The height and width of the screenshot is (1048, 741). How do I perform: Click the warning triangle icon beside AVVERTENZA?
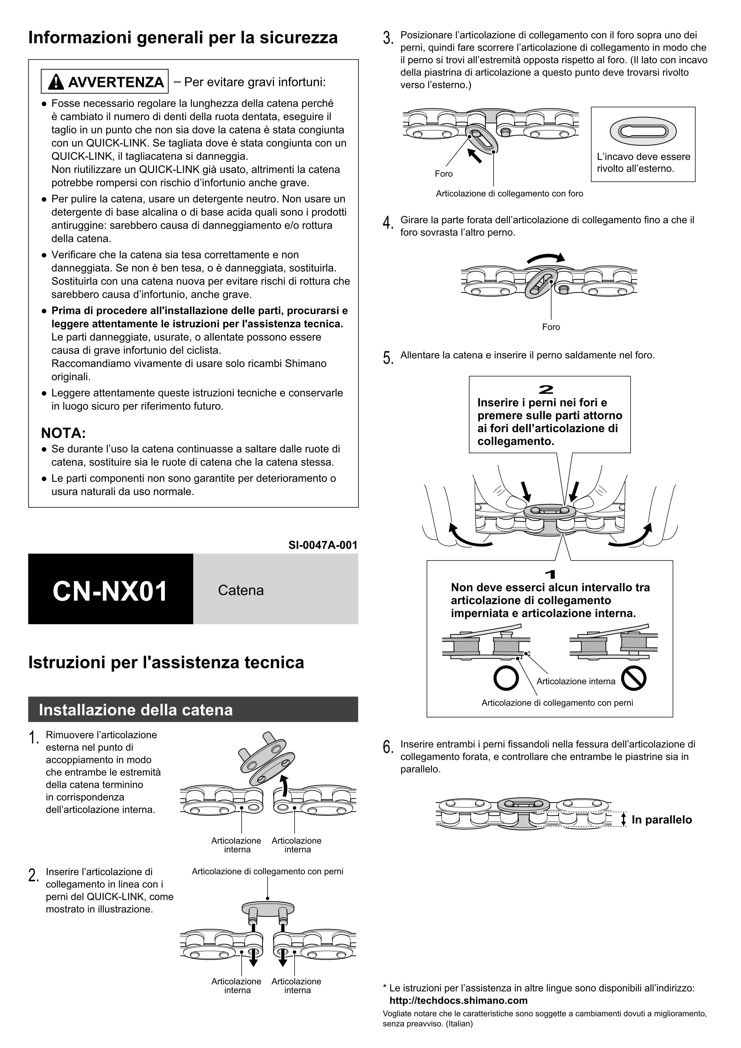pyautogui.click(x=56, y=82)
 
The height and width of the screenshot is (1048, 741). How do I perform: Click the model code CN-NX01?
pyautogui.click(x=110, y=591)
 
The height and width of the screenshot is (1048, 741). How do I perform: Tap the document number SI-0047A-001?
pyautogui.click(x=323, y=545)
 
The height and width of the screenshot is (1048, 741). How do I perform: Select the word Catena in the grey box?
pyautogui.click(x=241, y=590)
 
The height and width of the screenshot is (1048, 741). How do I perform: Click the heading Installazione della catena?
pyautogui.click(x=136, y=710)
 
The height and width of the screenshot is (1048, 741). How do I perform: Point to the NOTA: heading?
pyautogui.click(x=63, y=433)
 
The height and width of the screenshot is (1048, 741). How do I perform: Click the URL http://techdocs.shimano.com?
pyautogui.click(x=458, y=1000)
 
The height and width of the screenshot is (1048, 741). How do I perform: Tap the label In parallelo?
pyautogui.click(x=662, y=820)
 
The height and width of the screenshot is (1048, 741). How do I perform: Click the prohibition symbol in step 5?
pyautogui.click(x=633, y=679)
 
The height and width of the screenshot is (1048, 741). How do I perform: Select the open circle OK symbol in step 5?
pyautogui.click(x=506, y=679)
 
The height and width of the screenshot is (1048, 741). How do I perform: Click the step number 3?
pyautogui.click(x=388, y=38)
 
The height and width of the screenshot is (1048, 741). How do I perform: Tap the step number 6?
pyautogui.click(x=388, y=747)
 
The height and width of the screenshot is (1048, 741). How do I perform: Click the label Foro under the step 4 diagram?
pyautogui.click(x=551, y=327)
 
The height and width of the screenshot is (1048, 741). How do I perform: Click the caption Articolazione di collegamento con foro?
pyautogui.click(x=509, y=194)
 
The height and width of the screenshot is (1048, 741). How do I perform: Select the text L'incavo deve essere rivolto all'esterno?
pyautogui.click(x=643, y=163)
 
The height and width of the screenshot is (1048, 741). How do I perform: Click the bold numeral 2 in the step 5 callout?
pyautogui.click(x=546, y=389)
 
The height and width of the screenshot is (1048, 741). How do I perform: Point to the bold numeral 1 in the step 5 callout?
pyautogui.click(x=551, y=574)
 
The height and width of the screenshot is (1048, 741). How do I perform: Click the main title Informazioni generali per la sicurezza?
pyautogui.click(x=183, y=37)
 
